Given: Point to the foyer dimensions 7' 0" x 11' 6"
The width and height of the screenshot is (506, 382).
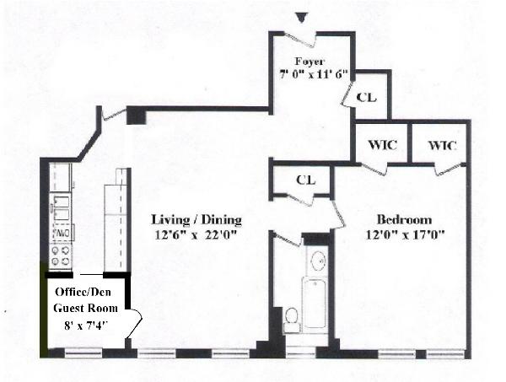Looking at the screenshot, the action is (310, 75).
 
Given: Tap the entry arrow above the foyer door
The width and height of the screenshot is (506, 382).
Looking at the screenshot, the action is (303, 18).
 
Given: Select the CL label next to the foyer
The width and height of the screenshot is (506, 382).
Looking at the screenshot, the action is (366, 97).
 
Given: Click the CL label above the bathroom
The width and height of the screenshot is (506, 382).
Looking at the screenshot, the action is (305, 180).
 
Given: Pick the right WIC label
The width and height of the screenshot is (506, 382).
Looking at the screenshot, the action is (441, 146).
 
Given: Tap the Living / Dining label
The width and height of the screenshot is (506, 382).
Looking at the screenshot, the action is (196, 220).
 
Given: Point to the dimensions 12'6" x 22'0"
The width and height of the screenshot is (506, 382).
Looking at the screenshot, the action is (196, 234).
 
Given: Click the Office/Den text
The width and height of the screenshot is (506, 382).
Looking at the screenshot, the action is (83, 292).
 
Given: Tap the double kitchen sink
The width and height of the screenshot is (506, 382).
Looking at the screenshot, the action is (62, 205).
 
